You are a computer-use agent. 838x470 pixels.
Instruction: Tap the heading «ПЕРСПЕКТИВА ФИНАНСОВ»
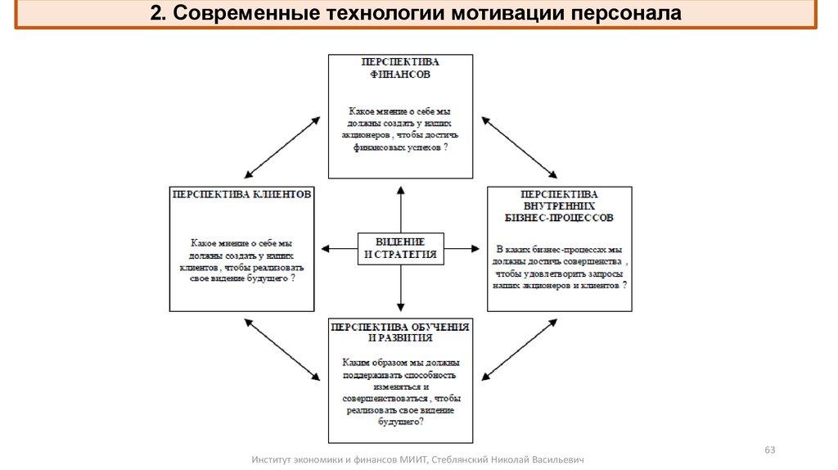click(x=400, y=67)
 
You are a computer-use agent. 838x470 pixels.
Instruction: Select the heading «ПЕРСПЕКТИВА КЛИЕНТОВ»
click(x=241, y=196)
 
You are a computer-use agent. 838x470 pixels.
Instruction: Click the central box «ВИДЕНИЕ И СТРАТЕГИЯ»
click(x=400, y=248)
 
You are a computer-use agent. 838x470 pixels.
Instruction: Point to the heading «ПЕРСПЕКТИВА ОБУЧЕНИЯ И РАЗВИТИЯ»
click(x=400, y=332)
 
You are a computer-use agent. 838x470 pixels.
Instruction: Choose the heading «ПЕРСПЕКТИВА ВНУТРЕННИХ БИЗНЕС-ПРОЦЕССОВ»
click(x=559, y=206)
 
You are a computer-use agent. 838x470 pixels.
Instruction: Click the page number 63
click(x=769, y=450)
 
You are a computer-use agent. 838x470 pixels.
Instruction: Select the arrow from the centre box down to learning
click(x=400, y=290)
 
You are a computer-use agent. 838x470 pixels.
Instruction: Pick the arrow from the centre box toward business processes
click(x=462, y=247)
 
